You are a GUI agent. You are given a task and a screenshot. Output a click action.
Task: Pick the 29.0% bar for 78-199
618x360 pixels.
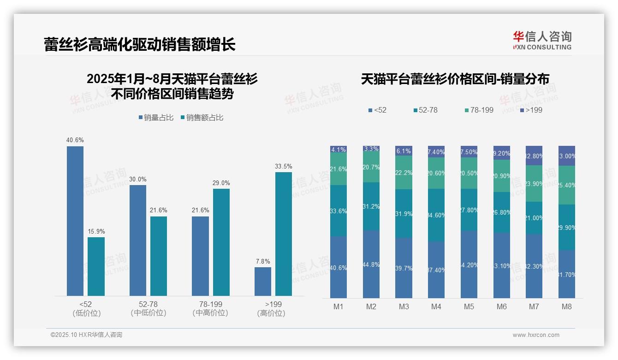(x=221, y=242)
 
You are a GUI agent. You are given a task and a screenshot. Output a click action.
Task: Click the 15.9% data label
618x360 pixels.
(x=96, y=231)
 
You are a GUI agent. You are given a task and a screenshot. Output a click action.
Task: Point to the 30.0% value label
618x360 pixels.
(x=138, y=179)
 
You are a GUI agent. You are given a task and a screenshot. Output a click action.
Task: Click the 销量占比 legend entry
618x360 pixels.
(x=156, y=118)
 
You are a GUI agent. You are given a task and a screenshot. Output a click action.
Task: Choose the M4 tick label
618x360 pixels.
(x=436, y=306)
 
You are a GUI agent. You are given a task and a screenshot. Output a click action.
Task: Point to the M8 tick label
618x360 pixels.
(x=567, y=306)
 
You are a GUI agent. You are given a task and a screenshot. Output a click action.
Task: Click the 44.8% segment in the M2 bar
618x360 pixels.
(x=371, y=264)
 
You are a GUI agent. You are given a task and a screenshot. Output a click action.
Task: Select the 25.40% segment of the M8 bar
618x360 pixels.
(x=567, y=185)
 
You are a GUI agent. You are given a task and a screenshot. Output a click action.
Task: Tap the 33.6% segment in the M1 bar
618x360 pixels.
(x=339, y=211)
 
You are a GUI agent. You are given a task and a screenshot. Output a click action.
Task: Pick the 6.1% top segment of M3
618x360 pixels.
(x=404, y=151)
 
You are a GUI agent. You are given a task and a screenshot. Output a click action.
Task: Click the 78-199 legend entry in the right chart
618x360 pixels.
(x=479, y=110)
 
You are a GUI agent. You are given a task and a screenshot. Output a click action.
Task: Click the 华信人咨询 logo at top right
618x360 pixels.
(x=542, y=40)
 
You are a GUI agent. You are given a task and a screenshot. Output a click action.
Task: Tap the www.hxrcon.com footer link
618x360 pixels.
(x=536, y=335)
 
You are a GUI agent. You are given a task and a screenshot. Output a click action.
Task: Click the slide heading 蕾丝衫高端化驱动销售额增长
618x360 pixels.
(x=140, y=44)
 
